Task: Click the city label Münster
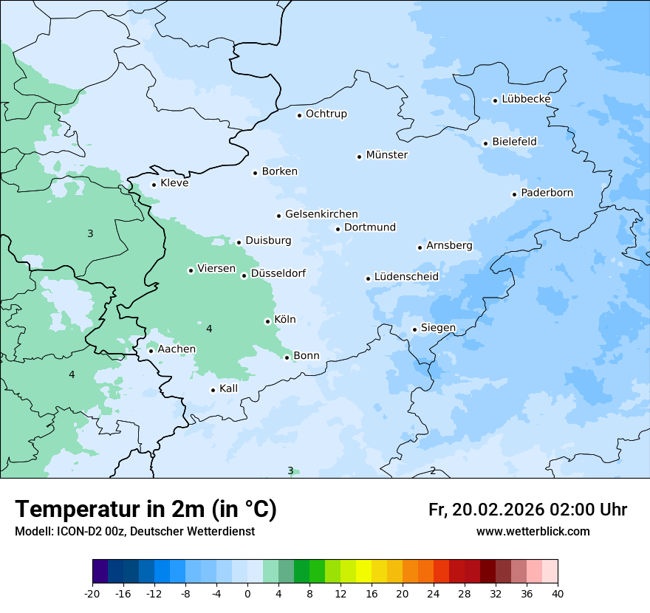pyautogui.click(x=386, y=155)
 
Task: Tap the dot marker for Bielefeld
pyautogui.click(x=485, y=143)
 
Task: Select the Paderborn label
pyautogui.click(x=547, y=193)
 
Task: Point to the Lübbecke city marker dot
pyautogui.click(x=495, y=100)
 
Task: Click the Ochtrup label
pyautogui.click(x=326, y=114)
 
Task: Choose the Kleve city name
pyautogui.click(x=174, y=183)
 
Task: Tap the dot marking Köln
pyautogui.click(x=267, y=321)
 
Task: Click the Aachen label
pyautogui.click(x=177, y=349)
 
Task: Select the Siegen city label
pyautogui.click(x=438, y=328)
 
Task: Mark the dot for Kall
pyautogui.click(x=213, y=390)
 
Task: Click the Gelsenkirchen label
pyautogui.click(x=321, y=214)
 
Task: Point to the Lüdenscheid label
pyautogui.click(x=406, y=277)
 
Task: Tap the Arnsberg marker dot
pyautogui.click(x=420, y=247)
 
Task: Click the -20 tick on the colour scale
pyautogui.click(x=92, y=594)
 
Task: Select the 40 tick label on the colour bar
pyautogui.click(x=557, y=594)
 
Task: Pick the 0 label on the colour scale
pyautogui.click(x=247, y=594)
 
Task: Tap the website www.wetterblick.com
pyautogui.click(x=533, y=532)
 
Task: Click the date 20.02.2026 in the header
pyautogui.click(x=496, y=510)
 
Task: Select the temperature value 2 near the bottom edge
pyautogui.click(x=433, y=470)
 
